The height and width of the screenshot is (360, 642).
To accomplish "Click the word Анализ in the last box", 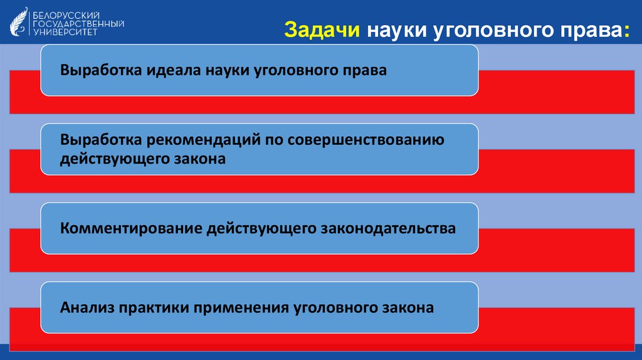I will coord(85,308).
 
